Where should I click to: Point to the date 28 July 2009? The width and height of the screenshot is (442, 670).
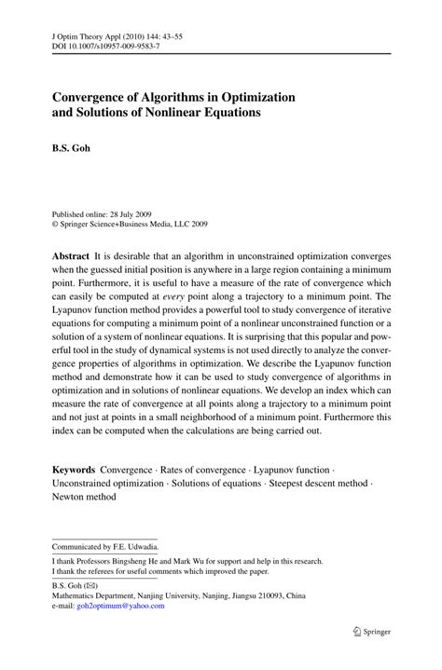click(x=128, y=212)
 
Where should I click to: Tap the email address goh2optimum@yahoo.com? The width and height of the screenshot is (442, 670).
click(x=121, y=606)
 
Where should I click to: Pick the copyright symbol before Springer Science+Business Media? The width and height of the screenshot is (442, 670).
click(x=55, y=224)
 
